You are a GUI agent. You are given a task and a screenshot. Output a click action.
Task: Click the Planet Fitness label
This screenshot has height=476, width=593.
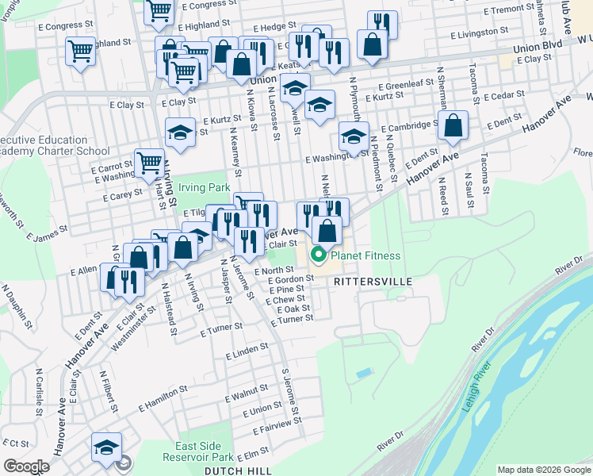point(365,255)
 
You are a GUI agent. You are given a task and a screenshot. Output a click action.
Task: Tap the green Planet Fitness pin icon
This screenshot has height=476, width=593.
point(319,255)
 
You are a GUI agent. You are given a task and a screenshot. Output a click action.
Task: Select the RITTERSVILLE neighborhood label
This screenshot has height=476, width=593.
point(374,282)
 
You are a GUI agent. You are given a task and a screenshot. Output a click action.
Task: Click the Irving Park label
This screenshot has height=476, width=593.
point(203,188)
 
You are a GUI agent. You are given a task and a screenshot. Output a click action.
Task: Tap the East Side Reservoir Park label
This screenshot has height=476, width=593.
point(198,451)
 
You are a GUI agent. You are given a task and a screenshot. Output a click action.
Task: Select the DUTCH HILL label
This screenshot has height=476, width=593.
point(233,470)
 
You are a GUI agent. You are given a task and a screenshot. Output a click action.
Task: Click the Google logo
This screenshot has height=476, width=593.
point(26,466)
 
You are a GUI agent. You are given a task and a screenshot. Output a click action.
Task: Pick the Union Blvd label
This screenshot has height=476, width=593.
point(536,48)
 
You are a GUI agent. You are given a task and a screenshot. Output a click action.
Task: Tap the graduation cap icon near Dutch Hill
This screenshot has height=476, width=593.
point(106,448)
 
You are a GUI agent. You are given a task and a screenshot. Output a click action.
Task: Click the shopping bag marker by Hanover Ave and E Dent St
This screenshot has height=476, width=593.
point(453,125)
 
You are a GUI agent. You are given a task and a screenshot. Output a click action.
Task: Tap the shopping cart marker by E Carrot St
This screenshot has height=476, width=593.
point(149,163)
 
